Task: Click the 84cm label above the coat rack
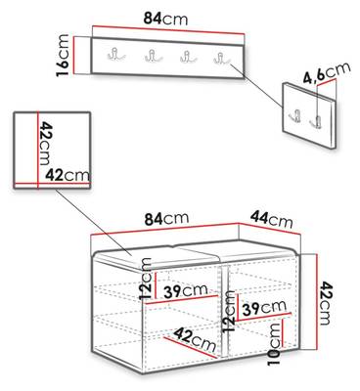coord(165,20)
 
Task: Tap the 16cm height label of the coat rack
coord(63,56)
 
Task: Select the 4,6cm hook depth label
coord(327,72)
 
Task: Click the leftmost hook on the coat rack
coord(116,54)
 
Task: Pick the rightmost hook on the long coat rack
coord(222,59)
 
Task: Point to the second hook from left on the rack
coord(153,56)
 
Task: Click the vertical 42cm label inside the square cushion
coord(45,144)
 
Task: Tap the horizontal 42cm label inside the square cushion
coord(67,175)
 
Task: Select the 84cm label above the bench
coord(166,219)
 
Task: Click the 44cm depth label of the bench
coord(271,219)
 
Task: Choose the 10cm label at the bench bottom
coord(274,344)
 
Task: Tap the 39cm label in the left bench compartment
coord(186,290)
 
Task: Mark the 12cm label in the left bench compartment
coord(146,279)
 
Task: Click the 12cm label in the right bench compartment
coord(229,311)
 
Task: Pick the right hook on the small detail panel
coord(317,121)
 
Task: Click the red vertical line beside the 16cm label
coord(74,56)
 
